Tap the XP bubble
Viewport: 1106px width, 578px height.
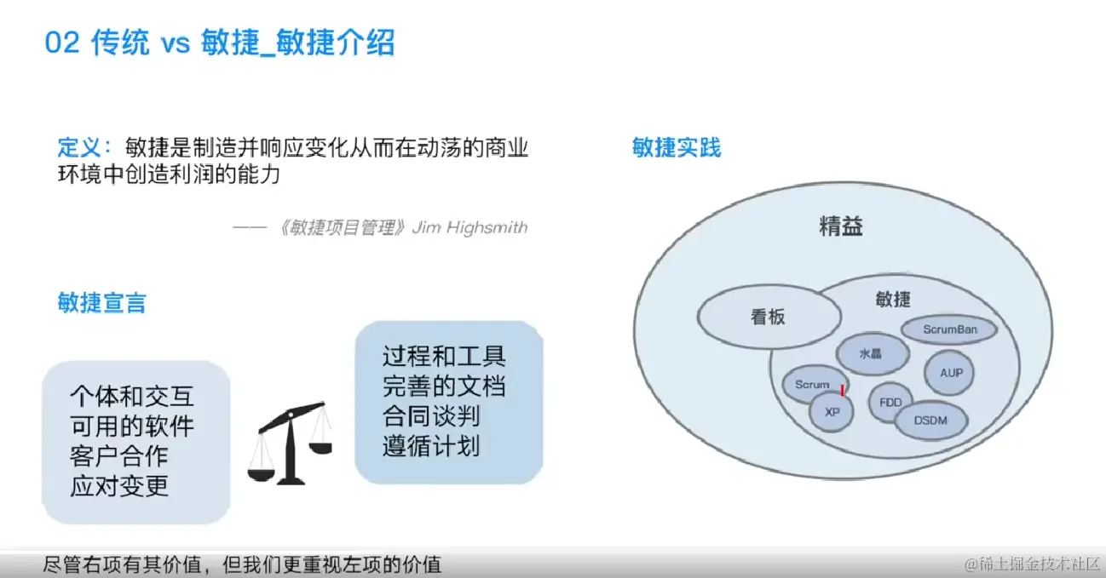832,412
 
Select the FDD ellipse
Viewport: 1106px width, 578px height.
890,403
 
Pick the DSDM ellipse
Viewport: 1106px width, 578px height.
931,421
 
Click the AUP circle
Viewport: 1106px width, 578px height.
949,373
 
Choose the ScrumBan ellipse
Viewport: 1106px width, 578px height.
949,329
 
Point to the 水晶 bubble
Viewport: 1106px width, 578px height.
873,353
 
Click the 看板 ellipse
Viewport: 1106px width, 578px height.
769,317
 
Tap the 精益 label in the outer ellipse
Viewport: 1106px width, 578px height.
841,226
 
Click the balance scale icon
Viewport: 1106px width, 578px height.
291,444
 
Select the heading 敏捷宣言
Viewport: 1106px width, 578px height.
101,302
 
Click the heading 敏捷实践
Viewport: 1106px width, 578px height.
677,147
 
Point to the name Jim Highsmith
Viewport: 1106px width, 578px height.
469,227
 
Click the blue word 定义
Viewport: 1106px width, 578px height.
79,147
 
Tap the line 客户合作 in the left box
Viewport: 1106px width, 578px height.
119,455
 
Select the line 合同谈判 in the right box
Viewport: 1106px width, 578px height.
431,415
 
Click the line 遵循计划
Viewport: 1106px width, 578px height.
431,446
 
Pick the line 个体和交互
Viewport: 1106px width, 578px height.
132,396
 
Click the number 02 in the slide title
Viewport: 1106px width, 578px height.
62,43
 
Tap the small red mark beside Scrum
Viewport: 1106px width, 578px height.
843,391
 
